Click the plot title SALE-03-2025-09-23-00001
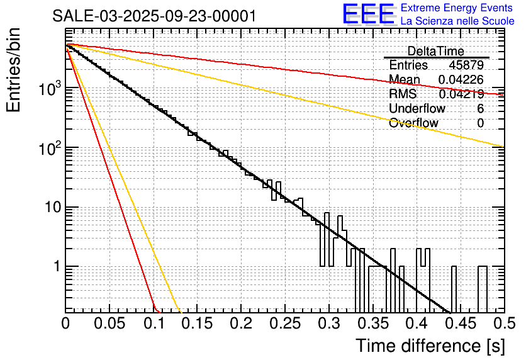point(154,16)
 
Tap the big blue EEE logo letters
point(368,15)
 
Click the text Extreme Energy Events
point(457,8)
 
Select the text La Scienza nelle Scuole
point(457,21)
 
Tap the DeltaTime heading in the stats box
point(436,51)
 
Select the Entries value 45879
point(466,65)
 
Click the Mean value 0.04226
point(461,79)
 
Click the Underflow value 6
point(480,108)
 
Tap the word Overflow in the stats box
point(413,123)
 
